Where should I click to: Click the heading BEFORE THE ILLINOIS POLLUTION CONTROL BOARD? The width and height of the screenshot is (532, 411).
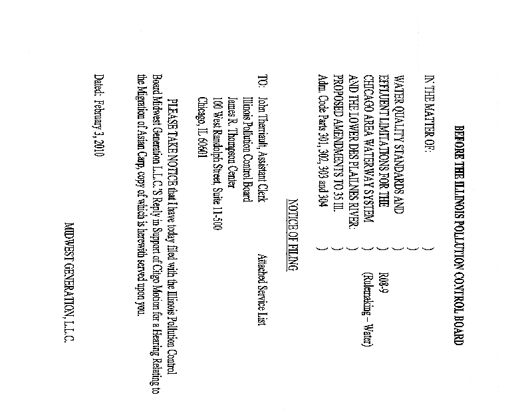click(459, 235)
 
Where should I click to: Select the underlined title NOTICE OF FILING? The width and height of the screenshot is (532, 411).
click(293, 235)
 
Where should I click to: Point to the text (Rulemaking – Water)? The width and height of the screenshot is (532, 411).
click(367, 309)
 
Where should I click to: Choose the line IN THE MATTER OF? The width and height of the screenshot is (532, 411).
click(429, 112)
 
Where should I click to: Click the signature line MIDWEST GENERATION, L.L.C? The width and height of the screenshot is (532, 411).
click(69, 282)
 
